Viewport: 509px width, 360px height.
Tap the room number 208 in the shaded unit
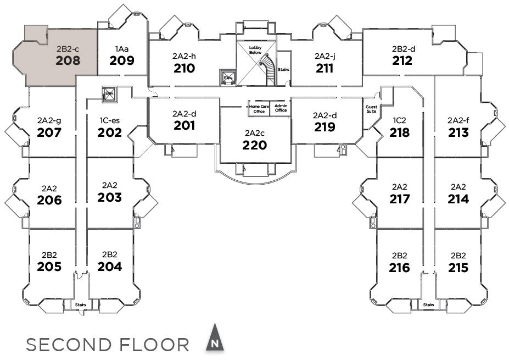click(68, 61)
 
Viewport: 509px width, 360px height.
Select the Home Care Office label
click(259, 108)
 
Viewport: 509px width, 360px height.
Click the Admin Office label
click(281, 108)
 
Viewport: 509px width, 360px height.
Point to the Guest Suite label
click(371, 109)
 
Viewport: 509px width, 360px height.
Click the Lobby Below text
click(255, 51)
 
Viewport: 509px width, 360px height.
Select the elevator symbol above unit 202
click(109, 93)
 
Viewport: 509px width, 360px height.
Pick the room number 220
click(255, 145)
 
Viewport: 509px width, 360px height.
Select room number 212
click(402, 60)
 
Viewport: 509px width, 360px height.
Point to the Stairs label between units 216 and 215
click(428, 304)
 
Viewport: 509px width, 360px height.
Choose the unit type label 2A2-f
click(458, 120)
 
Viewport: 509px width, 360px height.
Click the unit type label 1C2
click(399, 120)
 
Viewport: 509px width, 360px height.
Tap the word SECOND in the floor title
click(68, 345)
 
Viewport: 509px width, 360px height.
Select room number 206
click(49, 200)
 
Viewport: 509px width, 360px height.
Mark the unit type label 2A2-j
click(325, 56)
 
